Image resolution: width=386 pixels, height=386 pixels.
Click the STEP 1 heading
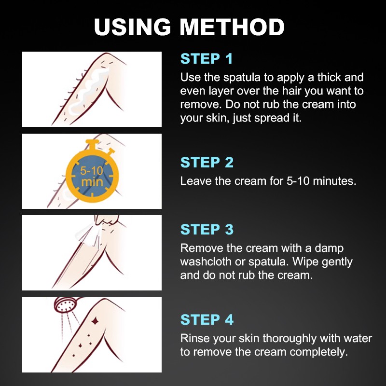(207, 59)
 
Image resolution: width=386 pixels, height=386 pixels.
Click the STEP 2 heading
(207, 163)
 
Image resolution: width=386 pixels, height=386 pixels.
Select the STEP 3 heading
(207, 229)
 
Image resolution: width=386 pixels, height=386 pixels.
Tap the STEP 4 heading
(207, 319)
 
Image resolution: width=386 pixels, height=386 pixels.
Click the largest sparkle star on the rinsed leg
(96, 319)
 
